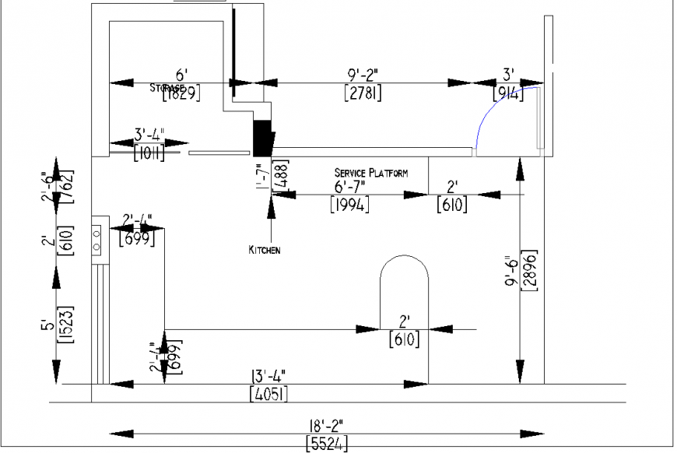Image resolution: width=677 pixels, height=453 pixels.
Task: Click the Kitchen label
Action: point(264,250)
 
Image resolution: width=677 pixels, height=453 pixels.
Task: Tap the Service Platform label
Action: point(370,173)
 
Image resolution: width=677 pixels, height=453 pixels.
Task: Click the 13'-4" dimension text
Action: point(268,376)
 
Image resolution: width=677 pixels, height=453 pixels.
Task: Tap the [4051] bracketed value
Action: point(268,394)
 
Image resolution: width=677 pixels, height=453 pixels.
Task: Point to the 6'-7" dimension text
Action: point(349,188)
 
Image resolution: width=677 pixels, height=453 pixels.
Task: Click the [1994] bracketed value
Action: point(349,205)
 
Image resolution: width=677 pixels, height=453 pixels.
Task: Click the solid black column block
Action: point(262,139)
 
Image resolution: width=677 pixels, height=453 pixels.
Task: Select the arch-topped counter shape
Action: point(403,311)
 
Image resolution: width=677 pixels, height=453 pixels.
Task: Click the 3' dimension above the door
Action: point(508,75)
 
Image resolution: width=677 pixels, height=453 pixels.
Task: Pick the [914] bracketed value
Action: point(509,93)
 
